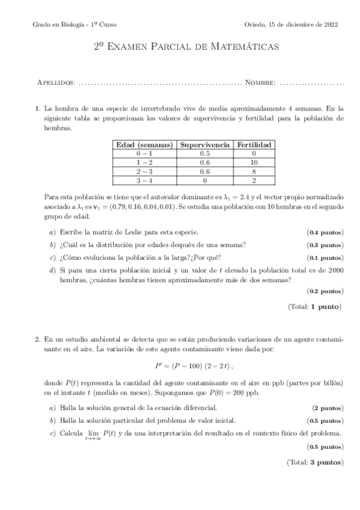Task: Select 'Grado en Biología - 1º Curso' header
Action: pyautogui.click(x=75, y=25)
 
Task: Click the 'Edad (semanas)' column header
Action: pyautogui.click(x=144, y=145)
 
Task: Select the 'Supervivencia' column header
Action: pyautogui.click(x=204, y=145)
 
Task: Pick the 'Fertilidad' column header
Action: pyautogui.click(x=254, y=145)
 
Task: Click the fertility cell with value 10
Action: pyautogui.click(x=254, y=162)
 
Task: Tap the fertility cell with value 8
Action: pyautogui.click(x=254, y=171)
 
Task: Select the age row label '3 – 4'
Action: pyautogui.click(x=144, y=179)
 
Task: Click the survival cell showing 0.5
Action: pyautogui.click(x=204, y=154)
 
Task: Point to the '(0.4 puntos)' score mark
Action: pyautogui.click(x=325, y=232)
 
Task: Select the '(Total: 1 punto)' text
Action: pyautogui.click(x=314, y=307)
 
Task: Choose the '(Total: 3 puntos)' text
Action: pyautogui.click(x=313, y=462)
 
